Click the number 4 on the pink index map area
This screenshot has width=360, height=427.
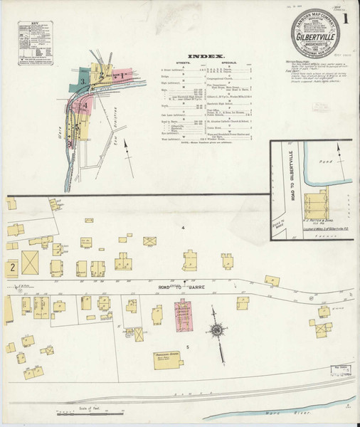pos(86,107)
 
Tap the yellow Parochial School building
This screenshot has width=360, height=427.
pos(165,359)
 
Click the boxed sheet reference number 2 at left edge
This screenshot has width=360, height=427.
pos(11,268)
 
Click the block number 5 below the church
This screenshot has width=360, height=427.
pos(187,346)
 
